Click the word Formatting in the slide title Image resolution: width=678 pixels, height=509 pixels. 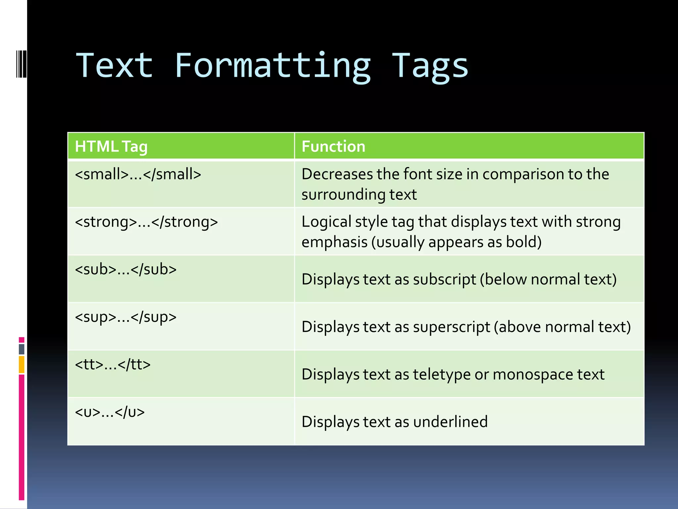tap(272, 66)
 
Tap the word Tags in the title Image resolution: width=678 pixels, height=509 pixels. tap(430, 66)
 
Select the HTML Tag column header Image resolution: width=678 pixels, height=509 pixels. tap(111, 146)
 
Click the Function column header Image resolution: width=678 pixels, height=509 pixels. tap(333, 146)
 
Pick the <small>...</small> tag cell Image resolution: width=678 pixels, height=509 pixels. tap(138, 174)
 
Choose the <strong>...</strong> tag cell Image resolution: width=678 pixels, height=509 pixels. tap(146, 222)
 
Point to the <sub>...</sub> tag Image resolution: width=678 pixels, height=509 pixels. tap(126, 269)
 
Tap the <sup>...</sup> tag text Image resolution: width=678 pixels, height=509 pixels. tap(126, 317)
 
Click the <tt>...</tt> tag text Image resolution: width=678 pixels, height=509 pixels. tap(113, 365)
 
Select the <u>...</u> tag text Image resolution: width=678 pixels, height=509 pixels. tap(110, 412)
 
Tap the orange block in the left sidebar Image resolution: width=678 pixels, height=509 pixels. tap(22, 365)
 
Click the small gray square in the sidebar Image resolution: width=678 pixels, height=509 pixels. tap(22, 349)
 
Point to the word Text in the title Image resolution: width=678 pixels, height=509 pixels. tap(115, 66)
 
